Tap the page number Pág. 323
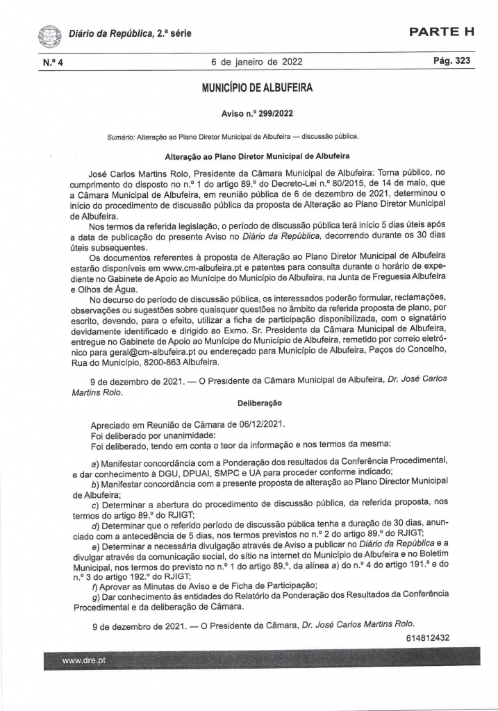coord(451,61)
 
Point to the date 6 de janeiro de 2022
coord(257,62)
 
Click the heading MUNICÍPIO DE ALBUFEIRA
coord(257,88)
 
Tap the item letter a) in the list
coord(96,461)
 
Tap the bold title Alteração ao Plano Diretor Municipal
coord(257,157)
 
